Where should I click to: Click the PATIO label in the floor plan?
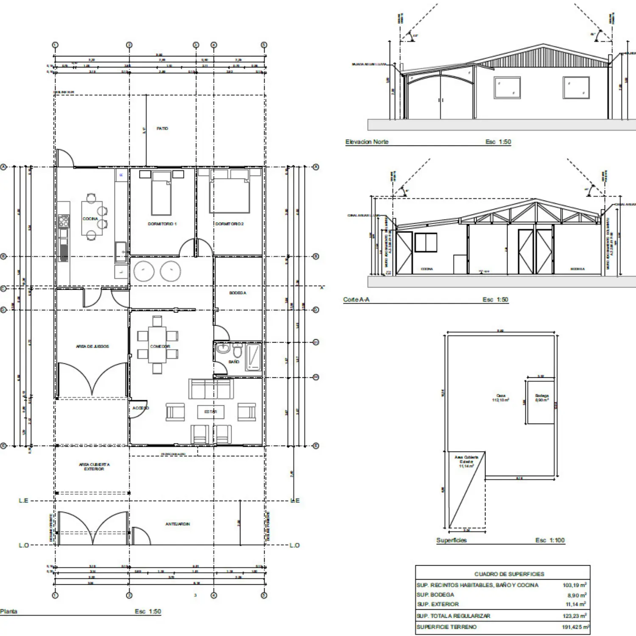click(162, 128)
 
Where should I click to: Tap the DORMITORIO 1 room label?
click(162, 224)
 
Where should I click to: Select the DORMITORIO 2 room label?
click(229, 224)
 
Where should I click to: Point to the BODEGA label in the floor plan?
click(237, 293)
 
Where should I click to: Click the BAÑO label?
click(234, 362)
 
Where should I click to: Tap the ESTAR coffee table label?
click(211, 412)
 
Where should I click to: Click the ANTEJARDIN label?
click(178, 524)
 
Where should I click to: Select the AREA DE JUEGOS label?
click(92, 346)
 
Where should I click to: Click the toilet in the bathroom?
click(237, 351)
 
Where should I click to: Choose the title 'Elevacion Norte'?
click(367, 142)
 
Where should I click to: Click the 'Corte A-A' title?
click(356, 300)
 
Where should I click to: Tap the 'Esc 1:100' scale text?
click(550, 540)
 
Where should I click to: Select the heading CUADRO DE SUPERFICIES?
click(509, 574)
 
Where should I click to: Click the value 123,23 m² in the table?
click(575, 616)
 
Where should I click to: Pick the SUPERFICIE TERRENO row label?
click(446, 627)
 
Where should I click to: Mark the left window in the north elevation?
click(507, 88)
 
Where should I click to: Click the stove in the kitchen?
click(64, 221)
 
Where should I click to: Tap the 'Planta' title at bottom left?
click(9, 611)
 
